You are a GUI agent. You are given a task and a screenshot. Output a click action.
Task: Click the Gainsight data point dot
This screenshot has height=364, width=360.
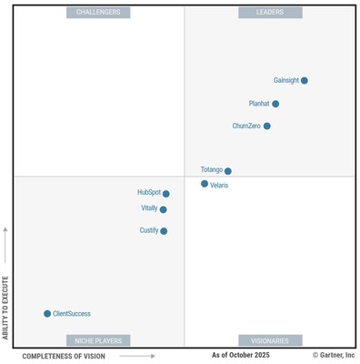[x=305, y=80]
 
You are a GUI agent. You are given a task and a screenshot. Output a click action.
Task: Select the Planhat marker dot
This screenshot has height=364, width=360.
[x=275, y=104]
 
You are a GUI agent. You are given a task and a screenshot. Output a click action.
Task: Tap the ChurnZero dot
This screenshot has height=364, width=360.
[x=267, y=126]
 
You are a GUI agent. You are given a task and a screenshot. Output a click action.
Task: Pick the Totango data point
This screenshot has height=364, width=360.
[x=228, y=170]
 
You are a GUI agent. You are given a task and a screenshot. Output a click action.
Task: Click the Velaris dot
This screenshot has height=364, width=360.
[x=205, y=184]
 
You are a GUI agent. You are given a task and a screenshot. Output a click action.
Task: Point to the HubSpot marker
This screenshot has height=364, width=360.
[x=166, y=193]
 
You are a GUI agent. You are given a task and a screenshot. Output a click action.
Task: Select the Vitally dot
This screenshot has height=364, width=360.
[x=164, y=209]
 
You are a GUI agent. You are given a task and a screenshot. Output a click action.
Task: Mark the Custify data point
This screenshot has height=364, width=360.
[x=164, y=231]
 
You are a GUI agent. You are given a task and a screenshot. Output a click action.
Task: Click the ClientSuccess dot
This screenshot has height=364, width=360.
[x=47, y=313]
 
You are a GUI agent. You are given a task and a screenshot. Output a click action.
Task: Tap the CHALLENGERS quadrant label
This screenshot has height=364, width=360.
[x=98, y=13]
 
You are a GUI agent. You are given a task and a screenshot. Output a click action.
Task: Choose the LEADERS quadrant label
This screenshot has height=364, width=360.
[x=270, y=13]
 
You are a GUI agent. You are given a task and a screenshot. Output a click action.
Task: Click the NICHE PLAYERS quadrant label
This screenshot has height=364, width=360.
[x=98, y=340]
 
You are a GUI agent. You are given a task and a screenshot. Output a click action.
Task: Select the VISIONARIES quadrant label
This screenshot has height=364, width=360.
[x=270, y=340]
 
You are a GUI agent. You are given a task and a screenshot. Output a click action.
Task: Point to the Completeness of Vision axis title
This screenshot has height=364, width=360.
[x=64, y=356]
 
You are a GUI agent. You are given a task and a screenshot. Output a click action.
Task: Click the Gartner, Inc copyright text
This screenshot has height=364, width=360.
[x=334, y=355]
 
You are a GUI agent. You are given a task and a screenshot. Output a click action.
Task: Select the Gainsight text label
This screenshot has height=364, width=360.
[x=285, y=80]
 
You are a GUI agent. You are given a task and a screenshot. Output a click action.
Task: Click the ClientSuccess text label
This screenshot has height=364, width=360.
[x=72, y=313]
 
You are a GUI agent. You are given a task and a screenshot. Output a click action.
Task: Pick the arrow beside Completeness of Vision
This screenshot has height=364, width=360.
[x=136, y=356]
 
